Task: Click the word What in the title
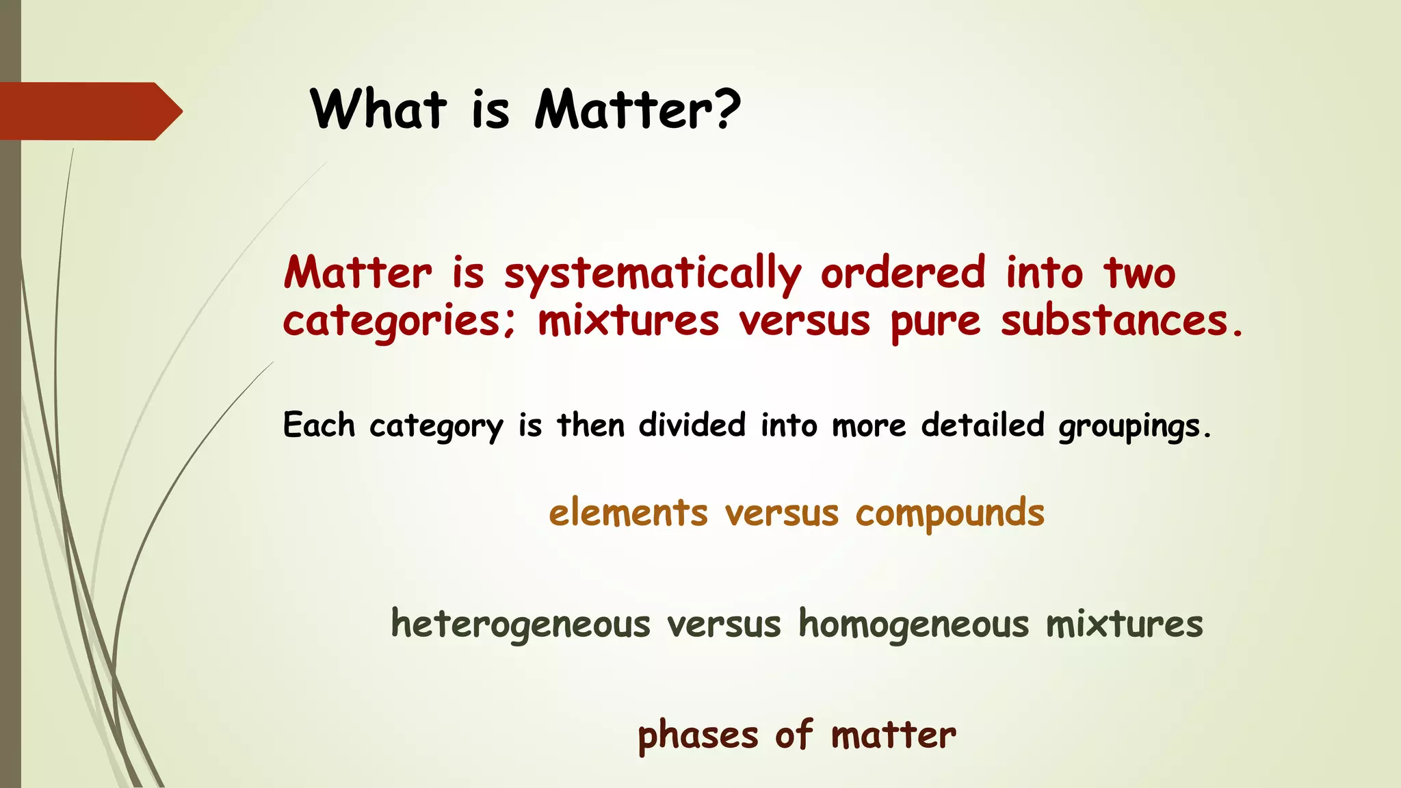coord(378,109)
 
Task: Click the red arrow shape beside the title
coord(89,111)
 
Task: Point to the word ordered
coord(903,272)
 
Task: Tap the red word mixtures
coord(628,321)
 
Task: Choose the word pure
coord(935,323)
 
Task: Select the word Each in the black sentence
coord(319,425)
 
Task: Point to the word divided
coord(692,425)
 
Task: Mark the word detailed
coord(982,425)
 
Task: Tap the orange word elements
coord(628,513)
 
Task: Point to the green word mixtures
coord(1124,625)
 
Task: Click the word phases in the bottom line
coord(698,736)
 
